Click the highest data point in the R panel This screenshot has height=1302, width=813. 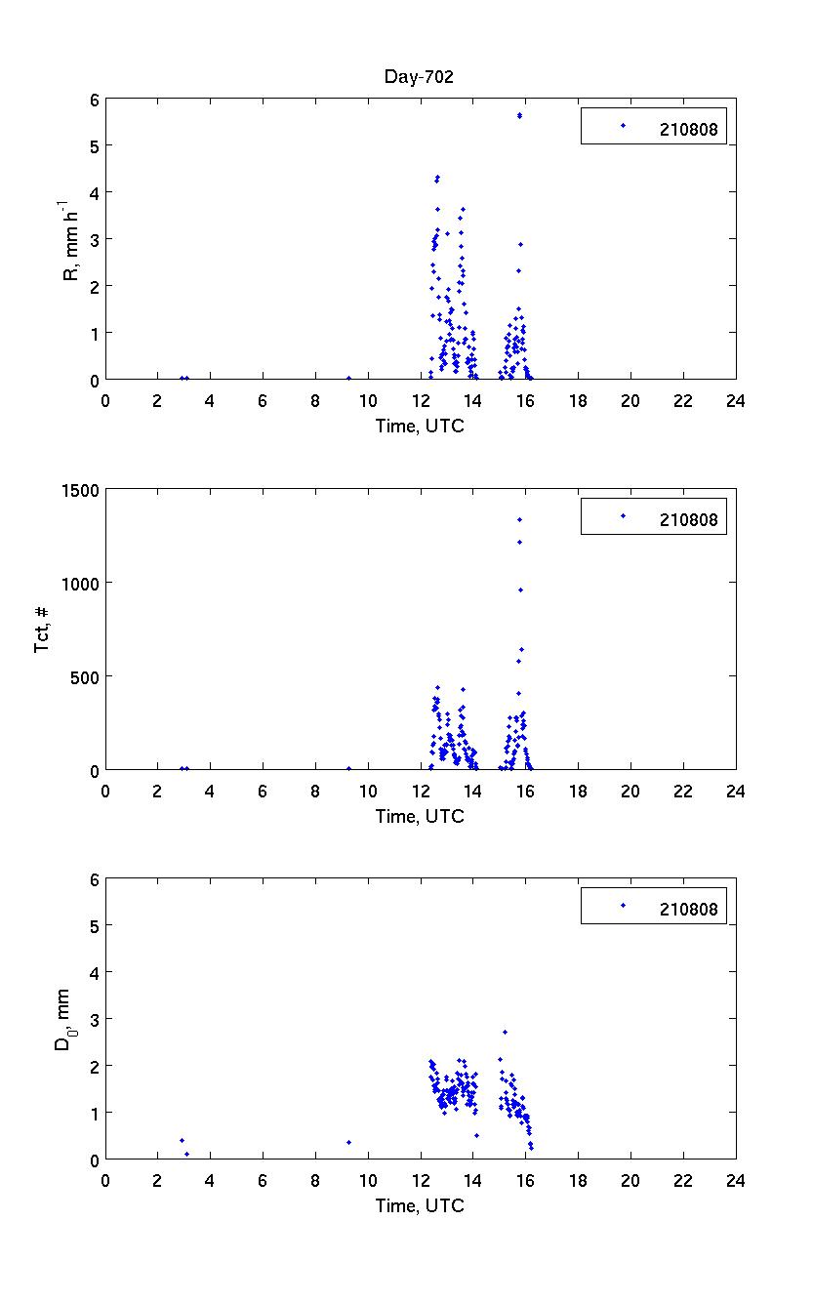coord(519,115)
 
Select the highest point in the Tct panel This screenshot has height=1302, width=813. coord(519,519)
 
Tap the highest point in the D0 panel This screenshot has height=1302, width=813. coord(505,1032)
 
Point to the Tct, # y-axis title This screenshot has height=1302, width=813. coord(42,631)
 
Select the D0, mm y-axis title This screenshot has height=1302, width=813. coord(61,1019)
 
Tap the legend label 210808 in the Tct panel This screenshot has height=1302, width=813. coord(688,518)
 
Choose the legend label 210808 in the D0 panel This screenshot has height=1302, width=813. coord(688,909)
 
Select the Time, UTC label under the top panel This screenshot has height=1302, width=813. coord(420,426)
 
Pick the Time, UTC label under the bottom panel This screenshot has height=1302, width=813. coord(420,1205)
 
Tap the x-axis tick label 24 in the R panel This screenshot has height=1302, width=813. coord(735,400)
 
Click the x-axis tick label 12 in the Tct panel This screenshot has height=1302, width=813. coord(421,791)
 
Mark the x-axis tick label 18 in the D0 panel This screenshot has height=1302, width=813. coord(578,1180)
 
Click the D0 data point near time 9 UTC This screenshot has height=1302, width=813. coord(348,1142)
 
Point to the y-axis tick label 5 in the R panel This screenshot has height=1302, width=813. coord(95,146)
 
